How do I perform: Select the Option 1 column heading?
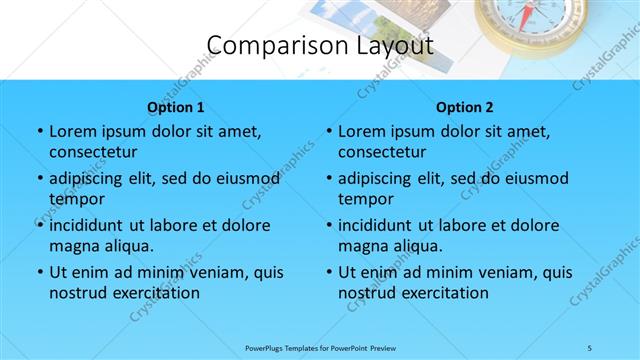tap(176, 107)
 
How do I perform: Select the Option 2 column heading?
tap(465, 107)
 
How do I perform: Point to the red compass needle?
tap(528, 12)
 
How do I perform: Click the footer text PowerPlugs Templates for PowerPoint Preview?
tap(320, 347)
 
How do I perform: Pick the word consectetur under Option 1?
tap(93, 153)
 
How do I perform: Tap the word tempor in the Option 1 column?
tap(76, 199)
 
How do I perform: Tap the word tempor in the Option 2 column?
tap(365, 199)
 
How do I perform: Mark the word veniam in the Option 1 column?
tap(211, 272)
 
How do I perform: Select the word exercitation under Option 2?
tap(443, 293)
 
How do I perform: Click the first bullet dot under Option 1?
tap(39, 132)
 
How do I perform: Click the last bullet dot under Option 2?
tap(328, 272)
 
